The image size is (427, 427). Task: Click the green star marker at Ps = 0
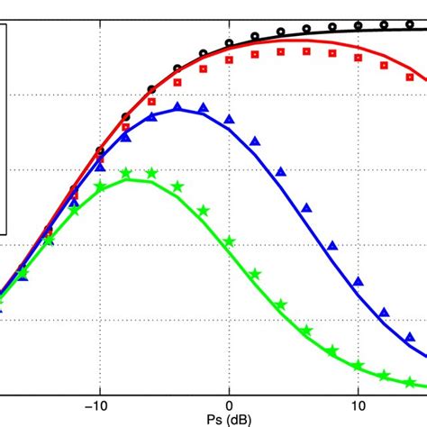tap(230, 241)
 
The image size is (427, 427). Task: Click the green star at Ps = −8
tap(126, 174)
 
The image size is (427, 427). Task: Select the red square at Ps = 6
tap(307, 51)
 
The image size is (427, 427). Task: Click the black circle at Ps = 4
tap(281, 32)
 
